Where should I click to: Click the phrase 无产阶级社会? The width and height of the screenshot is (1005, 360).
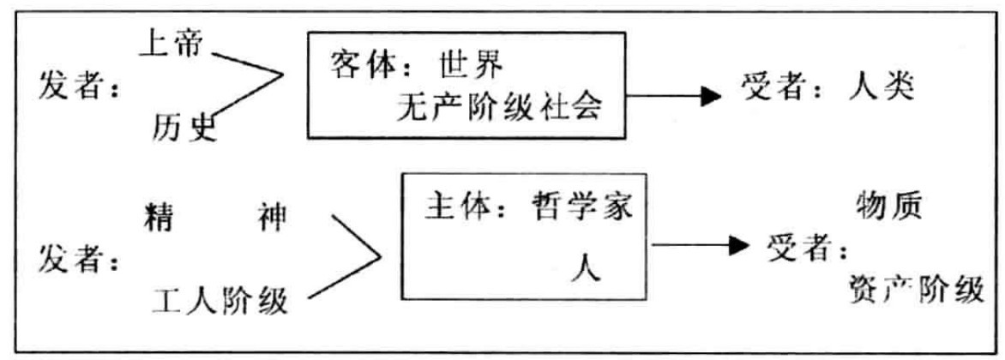click(x=498, y=107)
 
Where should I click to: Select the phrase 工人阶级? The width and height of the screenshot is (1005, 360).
click(x=220, y=301)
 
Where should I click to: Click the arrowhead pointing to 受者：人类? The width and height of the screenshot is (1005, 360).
click(x=711, y=95)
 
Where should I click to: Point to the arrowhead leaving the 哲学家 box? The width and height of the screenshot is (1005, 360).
click(x=738, y=247)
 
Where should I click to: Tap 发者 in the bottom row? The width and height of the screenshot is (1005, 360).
click(x=71, y=259)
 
